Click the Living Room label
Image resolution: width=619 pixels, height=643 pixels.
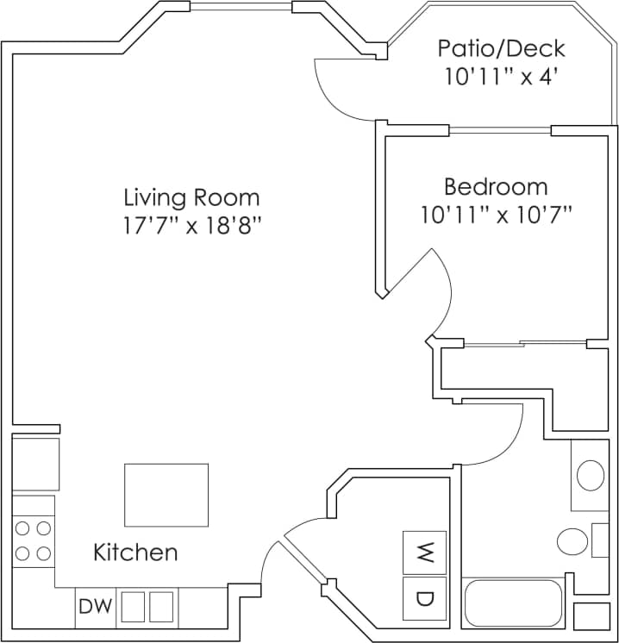pyautogui.click(x=191, y=197)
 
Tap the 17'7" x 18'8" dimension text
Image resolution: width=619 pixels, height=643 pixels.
pyautogui.click(x=191, y=227)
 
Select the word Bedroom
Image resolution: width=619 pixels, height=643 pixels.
pyautogui.click(x=495, y=187)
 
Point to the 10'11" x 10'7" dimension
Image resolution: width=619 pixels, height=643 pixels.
pyautogui.click(x=497, y=215)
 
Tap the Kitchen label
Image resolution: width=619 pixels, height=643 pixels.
pyautogui.click(x=135, y=552)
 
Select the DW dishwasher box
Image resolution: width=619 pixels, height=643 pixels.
pyautogui.click(x=95, y=607)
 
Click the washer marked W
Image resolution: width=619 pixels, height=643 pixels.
pyautogui.click(x=424, y=552)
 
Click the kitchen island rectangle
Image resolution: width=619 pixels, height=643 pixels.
pyautogui.click(x=166, y=495)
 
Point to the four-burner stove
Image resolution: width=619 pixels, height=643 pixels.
pyautogui.click(x=34, y=540)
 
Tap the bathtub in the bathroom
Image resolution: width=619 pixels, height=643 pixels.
pyautogui.click(x=513, y=603)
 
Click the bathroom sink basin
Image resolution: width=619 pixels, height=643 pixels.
pyautogui.click(x=591, y=475)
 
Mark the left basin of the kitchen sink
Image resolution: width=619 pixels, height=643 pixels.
pyautogui.click(x=132, y=607)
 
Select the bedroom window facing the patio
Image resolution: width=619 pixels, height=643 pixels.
pyautogui.click(x=500, y=131)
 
